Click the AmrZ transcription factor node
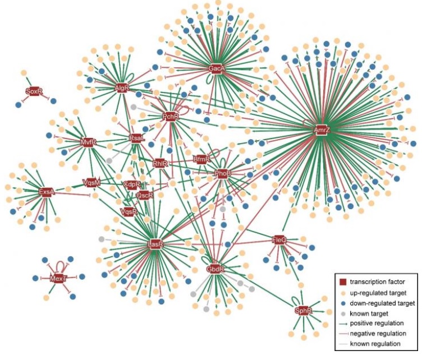pos(322,130)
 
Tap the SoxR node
pos(34,91)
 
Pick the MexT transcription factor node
pos(54,278)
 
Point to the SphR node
pos(302,311)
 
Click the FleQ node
pos(279,240)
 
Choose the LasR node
pos(155,245)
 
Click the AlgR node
pos(122,89)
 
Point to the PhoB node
pos(223,173)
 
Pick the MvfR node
pos(89,142)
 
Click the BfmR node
pos(202,159)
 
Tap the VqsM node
pos(91,182)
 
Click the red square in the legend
pos(343,281)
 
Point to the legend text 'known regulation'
pos(374,343)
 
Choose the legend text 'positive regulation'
pos(376,322)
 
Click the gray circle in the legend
pos(343,312)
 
